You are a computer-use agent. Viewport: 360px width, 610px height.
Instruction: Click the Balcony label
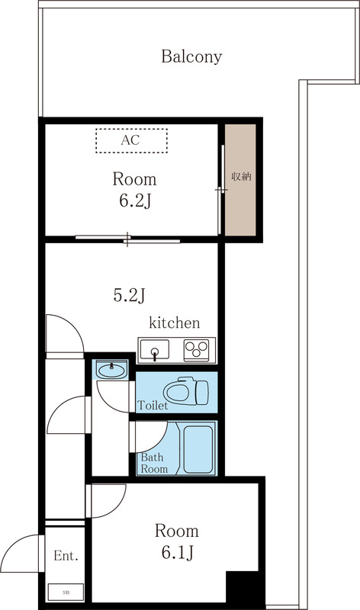click(191, 56)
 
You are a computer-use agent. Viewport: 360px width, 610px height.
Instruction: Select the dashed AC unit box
click(131, 140)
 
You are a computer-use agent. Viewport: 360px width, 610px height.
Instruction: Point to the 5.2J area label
click(129, 295)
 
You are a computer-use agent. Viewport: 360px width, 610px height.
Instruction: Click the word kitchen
click(174, 323)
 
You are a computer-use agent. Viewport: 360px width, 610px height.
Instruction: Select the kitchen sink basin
click(156, 351)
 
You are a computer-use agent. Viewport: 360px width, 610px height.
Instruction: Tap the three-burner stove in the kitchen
click(198, 350)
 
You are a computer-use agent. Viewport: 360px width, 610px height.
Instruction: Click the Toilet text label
click(153, 406)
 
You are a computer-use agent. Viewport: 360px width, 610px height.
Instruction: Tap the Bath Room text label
click(153, 463)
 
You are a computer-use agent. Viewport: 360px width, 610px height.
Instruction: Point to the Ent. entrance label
click(66, 557)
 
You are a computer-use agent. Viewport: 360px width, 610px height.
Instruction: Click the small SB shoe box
click(66, 591)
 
